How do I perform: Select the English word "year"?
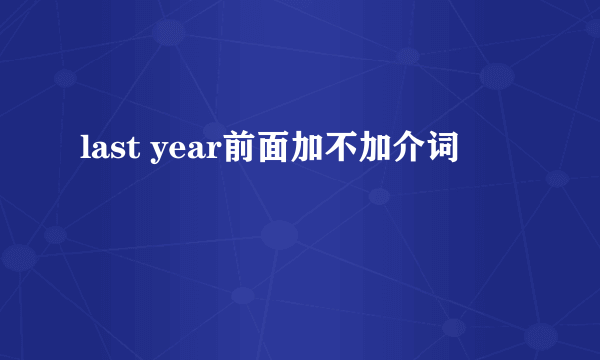point(186,154)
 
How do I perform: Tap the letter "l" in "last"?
point(83,151)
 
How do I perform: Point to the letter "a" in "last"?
point(97,153)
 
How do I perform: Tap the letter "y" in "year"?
point(158,156)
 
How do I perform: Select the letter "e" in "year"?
point(177,153)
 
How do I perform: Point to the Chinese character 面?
point(272,152)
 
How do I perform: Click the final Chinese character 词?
point(432,152)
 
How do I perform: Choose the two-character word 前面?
point(255,152)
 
